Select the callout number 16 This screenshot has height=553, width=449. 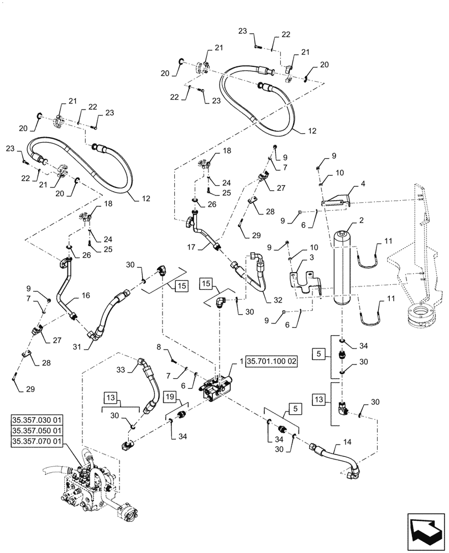[86, 296]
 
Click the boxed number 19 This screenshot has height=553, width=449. [170, 397]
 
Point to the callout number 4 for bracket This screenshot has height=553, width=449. [363, 182]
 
